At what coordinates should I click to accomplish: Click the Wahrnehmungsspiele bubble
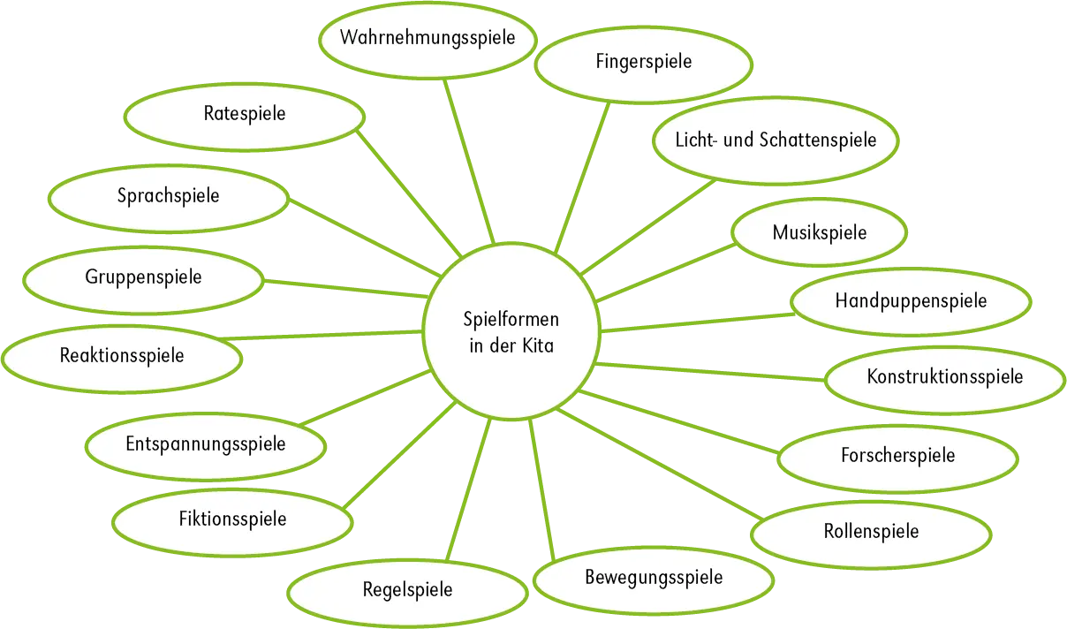428,39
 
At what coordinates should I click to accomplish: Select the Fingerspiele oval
643,62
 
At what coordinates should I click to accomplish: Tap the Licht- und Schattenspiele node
776,140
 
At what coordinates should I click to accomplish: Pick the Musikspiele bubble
819,233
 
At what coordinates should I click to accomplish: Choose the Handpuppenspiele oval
911,301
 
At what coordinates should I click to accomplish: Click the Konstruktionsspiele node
944,377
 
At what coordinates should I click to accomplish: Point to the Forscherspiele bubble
897,456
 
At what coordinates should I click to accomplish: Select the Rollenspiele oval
871,532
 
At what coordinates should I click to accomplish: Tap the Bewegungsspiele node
654,578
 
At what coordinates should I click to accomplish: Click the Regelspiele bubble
407,589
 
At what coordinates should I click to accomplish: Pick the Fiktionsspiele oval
232,519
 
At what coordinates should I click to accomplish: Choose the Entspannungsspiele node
206,443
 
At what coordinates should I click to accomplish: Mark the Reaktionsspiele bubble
122,356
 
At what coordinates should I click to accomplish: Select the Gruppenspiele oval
143,277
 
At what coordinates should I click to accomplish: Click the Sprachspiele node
168,196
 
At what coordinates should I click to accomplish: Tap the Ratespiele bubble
244,114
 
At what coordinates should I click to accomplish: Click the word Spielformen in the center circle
511,319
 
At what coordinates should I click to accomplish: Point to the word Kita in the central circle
536,346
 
